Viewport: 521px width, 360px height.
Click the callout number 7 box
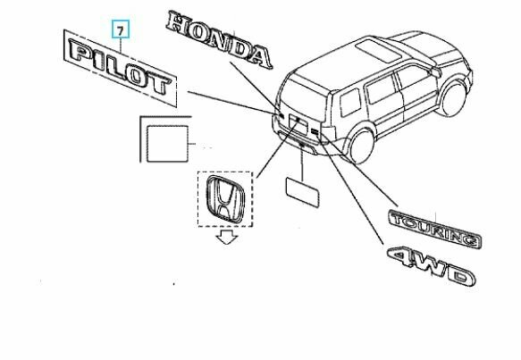121,29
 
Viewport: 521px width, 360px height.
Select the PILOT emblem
120,67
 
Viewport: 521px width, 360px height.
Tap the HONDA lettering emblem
219,39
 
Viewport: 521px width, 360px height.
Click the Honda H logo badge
225,198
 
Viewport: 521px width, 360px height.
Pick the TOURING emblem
434,228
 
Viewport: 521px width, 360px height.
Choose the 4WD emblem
431,265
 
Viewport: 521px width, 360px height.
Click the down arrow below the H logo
227,238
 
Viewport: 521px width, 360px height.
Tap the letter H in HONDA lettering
177,23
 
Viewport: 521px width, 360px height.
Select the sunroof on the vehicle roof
378,51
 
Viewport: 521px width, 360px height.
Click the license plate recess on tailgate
298,123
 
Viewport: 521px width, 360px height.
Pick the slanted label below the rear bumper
302,192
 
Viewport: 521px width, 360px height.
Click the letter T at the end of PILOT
161,84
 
